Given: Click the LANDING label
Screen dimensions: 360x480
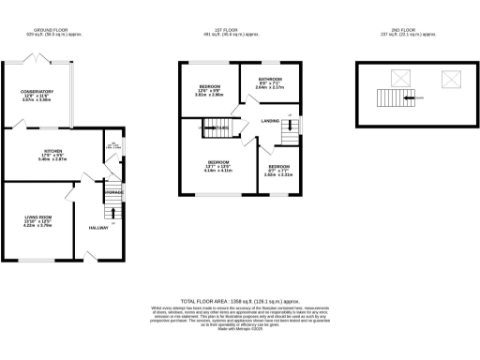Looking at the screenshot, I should (x=270, y=121).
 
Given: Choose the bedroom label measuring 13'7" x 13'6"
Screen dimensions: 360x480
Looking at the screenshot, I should (x=218, y=162).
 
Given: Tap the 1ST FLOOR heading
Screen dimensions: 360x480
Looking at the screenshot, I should (x=240, y=29).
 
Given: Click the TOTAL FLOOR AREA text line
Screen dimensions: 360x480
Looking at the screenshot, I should (x=240, y=301).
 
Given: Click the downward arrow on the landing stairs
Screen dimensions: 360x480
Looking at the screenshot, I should (x=290, y=118).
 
